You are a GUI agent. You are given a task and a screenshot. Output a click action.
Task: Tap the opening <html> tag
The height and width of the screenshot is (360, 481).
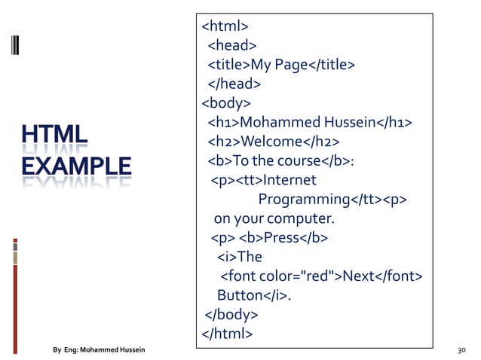click(x=225, y=27)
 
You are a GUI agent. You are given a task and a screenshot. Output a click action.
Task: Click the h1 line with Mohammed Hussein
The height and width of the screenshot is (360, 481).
click(x=310, y=123)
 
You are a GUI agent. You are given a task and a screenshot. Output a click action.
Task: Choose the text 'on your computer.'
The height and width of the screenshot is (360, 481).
click(x=273, y=219)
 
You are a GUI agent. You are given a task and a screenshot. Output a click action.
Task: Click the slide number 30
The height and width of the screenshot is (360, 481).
click(x=462, y=350)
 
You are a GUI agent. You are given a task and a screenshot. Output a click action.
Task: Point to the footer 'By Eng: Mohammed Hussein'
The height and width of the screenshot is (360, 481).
click(x=99, y=350)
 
